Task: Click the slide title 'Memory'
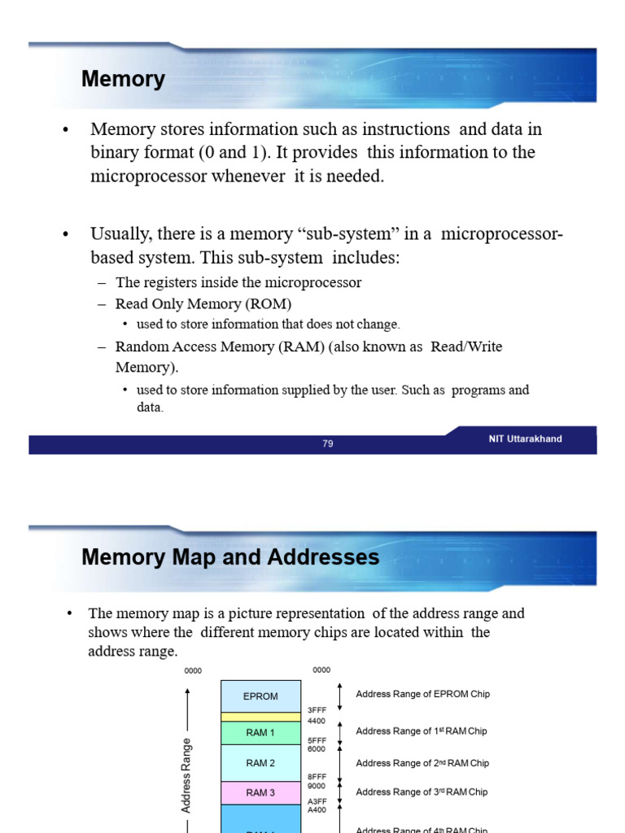pos(123,80)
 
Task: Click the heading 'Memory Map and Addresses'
pos(230,557)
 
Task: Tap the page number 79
pos(328,444)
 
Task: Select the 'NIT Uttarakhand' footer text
pos(525,439)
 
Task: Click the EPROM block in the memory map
pos(260,696)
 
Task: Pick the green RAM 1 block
pos(260,733)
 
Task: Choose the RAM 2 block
pos(260,763)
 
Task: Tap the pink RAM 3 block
pos(260,792)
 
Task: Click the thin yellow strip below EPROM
pos(260,717)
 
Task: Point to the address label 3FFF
pos(317,710)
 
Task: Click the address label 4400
pos(317,721)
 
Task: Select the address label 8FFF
pos(317,777)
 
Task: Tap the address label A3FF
pos(317,800)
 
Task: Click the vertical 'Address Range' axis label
pos(186,775)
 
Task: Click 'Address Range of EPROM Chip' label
pos(422,694)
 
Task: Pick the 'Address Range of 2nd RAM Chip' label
pos(422,763)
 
